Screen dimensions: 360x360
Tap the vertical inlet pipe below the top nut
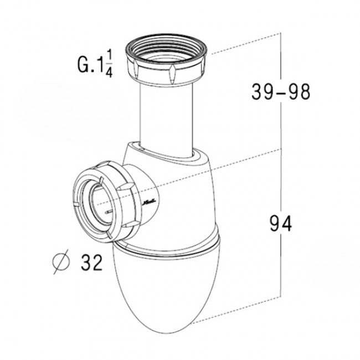[166, 113]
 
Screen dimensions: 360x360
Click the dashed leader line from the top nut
[244, 45]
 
